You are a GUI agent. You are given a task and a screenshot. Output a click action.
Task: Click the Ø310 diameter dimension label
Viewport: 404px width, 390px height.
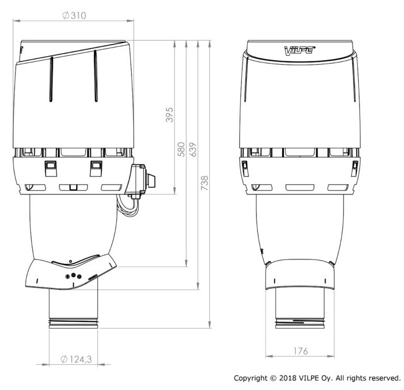tap(74, 15)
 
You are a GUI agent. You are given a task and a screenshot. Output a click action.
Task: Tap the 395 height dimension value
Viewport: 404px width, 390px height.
tap(169, 115)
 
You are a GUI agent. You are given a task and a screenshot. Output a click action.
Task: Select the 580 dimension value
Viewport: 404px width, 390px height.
tap(181, 149)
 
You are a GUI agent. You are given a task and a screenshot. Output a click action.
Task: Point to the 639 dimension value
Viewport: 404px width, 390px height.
tap(193, 149)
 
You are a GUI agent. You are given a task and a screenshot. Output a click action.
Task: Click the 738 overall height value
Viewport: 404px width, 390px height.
tap(205, 183)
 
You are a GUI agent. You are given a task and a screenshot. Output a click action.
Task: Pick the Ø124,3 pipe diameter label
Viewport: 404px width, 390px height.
tap(76, 359)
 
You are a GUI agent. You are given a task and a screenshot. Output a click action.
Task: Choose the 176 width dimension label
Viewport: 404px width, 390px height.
tap(300, 351)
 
